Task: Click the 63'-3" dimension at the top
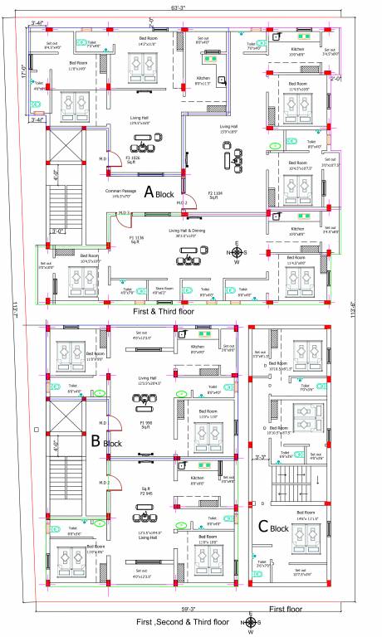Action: [179, 6]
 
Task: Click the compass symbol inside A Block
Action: [237, 252]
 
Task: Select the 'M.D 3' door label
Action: [124, 213]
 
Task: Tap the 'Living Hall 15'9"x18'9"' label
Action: [228, 129]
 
